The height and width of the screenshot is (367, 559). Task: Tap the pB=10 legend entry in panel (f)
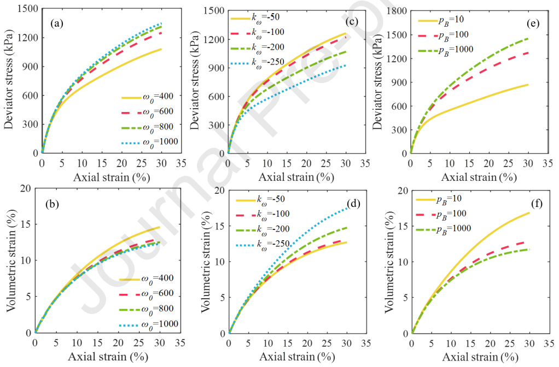[442, 200]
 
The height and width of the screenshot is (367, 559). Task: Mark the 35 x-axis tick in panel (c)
[365, 163]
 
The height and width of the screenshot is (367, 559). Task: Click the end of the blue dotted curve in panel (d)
[346, 208]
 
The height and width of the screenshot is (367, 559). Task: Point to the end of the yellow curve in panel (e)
[528, 85]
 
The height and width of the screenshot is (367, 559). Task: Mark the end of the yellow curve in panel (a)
[161, 49]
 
